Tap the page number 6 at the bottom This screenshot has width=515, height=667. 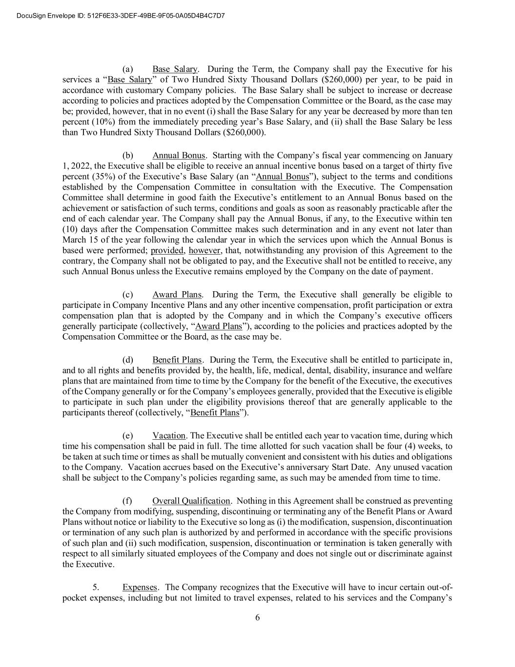(257, 618)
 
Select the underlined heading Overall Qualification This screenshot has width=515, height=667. (191, 501)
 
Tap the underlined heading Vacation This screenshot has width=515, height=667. (169, 435)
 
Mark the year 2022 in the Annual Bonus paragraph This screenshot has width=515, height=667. (81, 166)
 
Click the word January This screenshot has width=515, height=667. (436, 155)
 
